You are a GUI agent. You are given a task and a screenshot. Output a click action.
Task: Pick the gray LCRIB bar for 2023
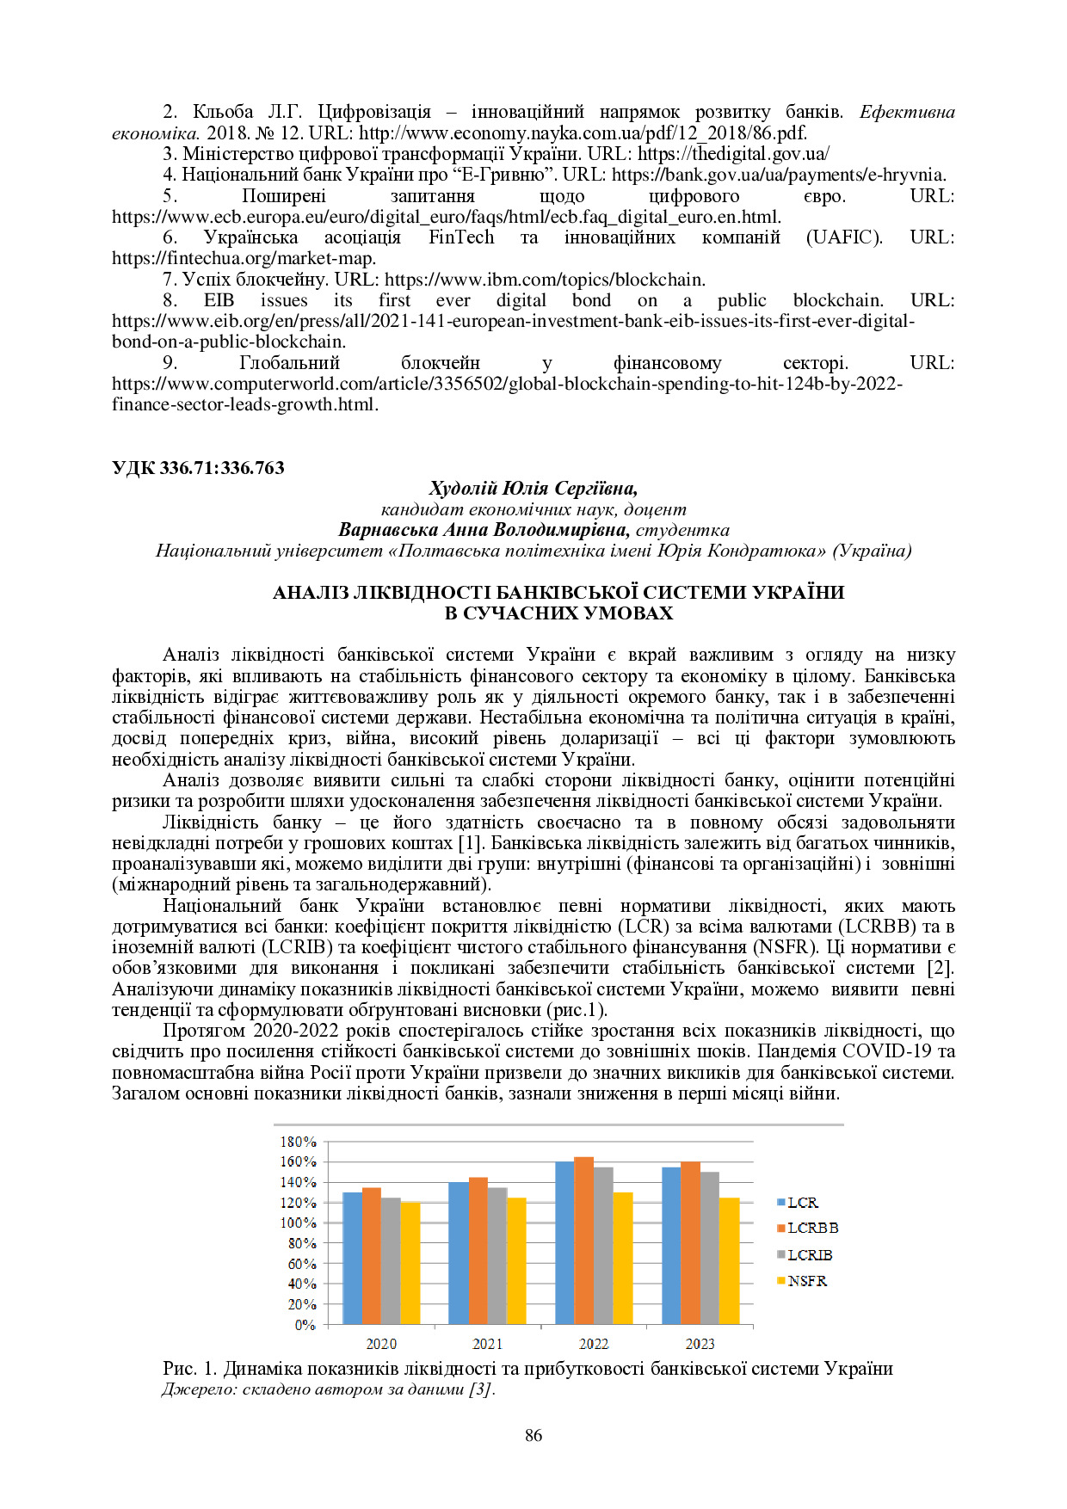(x=709, y=1247)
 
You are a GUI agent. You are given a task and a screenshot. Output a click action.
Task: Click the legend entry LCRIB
(x=809, y=1255)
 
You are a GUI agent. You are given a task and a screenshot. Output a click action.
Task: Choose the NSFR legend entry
(x=806, y=1281)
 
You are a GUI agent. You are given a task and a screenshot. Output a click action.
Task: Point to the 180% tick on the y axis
(x=299, y=1142)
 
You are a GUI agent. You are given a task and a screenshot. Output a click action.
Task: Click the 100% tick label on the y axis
(x=299, y=1223)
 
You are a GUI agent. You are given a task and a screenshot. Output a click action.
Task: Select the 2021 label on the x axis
(x=487, y=1344)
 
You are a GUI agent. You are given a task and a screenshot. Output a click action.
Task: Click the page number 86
(x=533, y=1435)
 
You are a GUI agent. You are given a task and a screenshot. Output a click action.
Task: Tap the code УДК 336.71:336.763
(x=198, y=468)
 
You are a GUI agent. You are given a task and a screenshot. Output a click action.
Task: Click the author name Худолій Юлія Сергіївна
(x=533, y=489)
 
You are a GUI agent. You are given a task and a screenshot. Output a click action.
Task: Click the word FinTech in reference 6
(x=461, y=237)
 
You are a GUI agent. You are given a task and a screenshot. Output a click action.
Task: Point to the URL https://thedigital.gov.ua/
(x=733, y=154)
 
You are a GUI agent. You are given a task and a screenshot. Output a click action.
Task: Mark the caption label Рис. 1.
(x=189, y=1369)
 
